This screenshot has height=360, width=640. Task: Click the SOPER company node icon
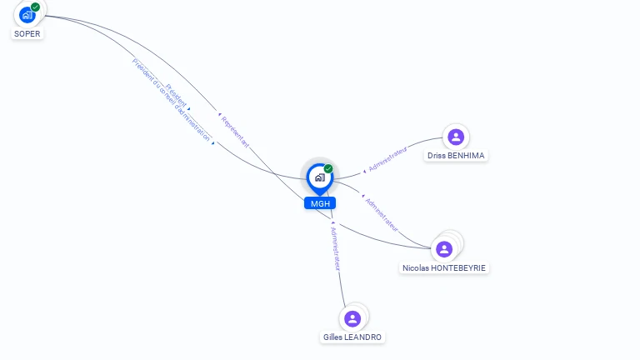pyautogui.click(x=27, y=14)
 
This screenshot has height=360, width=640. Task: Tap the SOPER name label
pyautogui.click(x=27, y=34)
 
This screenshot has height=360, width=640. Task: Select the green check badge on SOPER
pyautogui.click(x=36, y=7)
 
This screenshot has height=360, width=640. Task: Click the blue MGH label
pyautogui.click(x=319, y=203)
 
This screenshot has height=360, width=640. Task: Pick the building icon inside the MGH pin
pyautogui.click(x=319, y=177)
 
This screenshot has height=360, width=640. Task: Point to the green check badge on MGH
pyautogui.click(x=328, y=168)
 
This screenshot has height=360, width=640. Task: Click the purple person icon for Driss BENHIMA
pyautogui.click(x=455, y=137)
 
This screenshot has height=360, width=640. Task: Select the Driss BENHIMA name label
pyautogui.click(x=455, y=156)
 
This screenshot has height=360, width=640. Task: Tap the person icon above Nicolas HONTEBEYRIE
pyautogui.click(x=444, y=248)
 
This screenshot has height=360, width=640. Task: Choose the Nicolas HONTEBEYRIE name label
pyautogui.click(x=444, y=268)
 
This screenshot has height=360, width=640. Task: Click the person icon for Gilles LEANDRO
pyautogui.click(x=352, y=318)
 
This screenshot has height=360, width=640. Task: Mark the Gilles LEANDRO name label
pyautogui.click(x=352, y=337)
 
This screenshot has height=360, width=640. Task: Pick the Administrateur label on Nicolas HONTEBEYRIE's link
pyautogui.click(x=382, y=214)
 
